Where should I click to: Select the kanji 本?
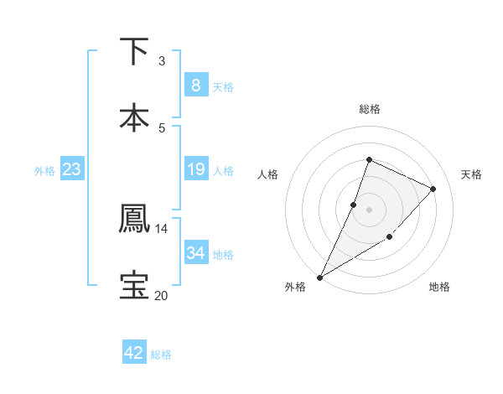pyautogui.click(x=134, y=117)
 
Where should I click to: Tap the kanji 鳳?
pyautogui.click(x=134, y=218)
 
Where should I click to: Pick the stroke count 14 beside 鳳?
pyautogui.click(x=162, y=228)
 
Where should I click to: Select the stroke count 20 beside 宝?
pyautogui.click(x=162, y=295)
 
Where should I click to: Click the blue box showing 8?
pyautogui.click(x=195, y=85)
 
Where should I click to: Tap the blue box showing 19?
pyautogui.click(x=195, y=169)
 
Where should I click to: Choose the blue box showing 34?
pyautogui.click(x=195, y=252)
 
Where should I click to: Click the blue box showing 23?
pyautogui.click(x=71, y=169)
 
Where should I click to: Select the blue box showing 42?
pyautogui.click(x=134, y=353)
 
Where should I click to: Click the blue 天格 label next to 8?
pyautogui.click(x=223, y=86)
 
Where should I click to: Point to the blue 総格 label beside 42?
pyautogui.click(x=161, y=355)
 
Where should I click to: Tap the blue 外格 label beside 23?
pyautogui.click(x=44, y=171)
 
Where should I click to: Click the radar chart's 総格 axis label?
pyautogui.click(x=369, y=109)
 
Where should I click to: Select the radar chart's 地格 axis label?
pyautogui.click(x=439, y=287)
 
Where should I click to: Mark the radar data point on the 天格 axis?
pyautogui.click(x=433, y=189)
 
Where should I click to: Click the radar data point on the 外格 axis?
pyautogui.click(x=319, y=277)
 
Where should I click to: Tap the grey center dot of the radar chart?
pyautogui.click(x=369, y=209)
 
